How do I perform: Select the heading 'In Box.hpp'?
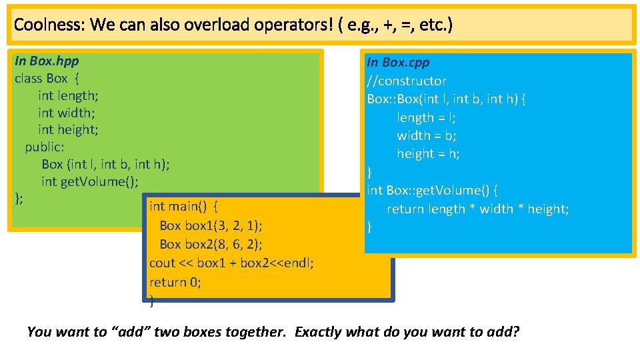click(47, 61)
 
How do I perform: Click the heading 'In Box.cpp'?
click(398, 62)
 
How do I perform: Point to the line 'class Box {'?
click(47, 78)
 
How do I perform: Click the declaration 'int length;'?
click(68, 95)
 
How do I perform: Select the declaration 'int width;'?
click(66, 113)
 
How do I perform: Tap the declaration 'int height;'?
click(68, 129)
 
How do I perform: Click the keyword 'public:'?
click(45, 147)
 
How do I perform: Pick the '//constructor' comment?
click(407, 81)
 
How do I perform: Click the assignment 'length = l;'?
click(427, 117)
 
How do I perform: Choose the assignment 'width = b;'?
click(427, 135)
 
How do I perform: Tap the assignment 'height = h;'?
click(428, 153)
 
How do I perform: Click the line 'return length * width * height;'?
click(477, 209)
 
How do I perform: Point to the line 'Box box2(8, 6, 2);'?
click(211, 244)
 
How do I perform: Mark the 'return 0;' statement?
click(175, 282)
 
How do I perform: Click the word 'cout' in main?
click(162, 263)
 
